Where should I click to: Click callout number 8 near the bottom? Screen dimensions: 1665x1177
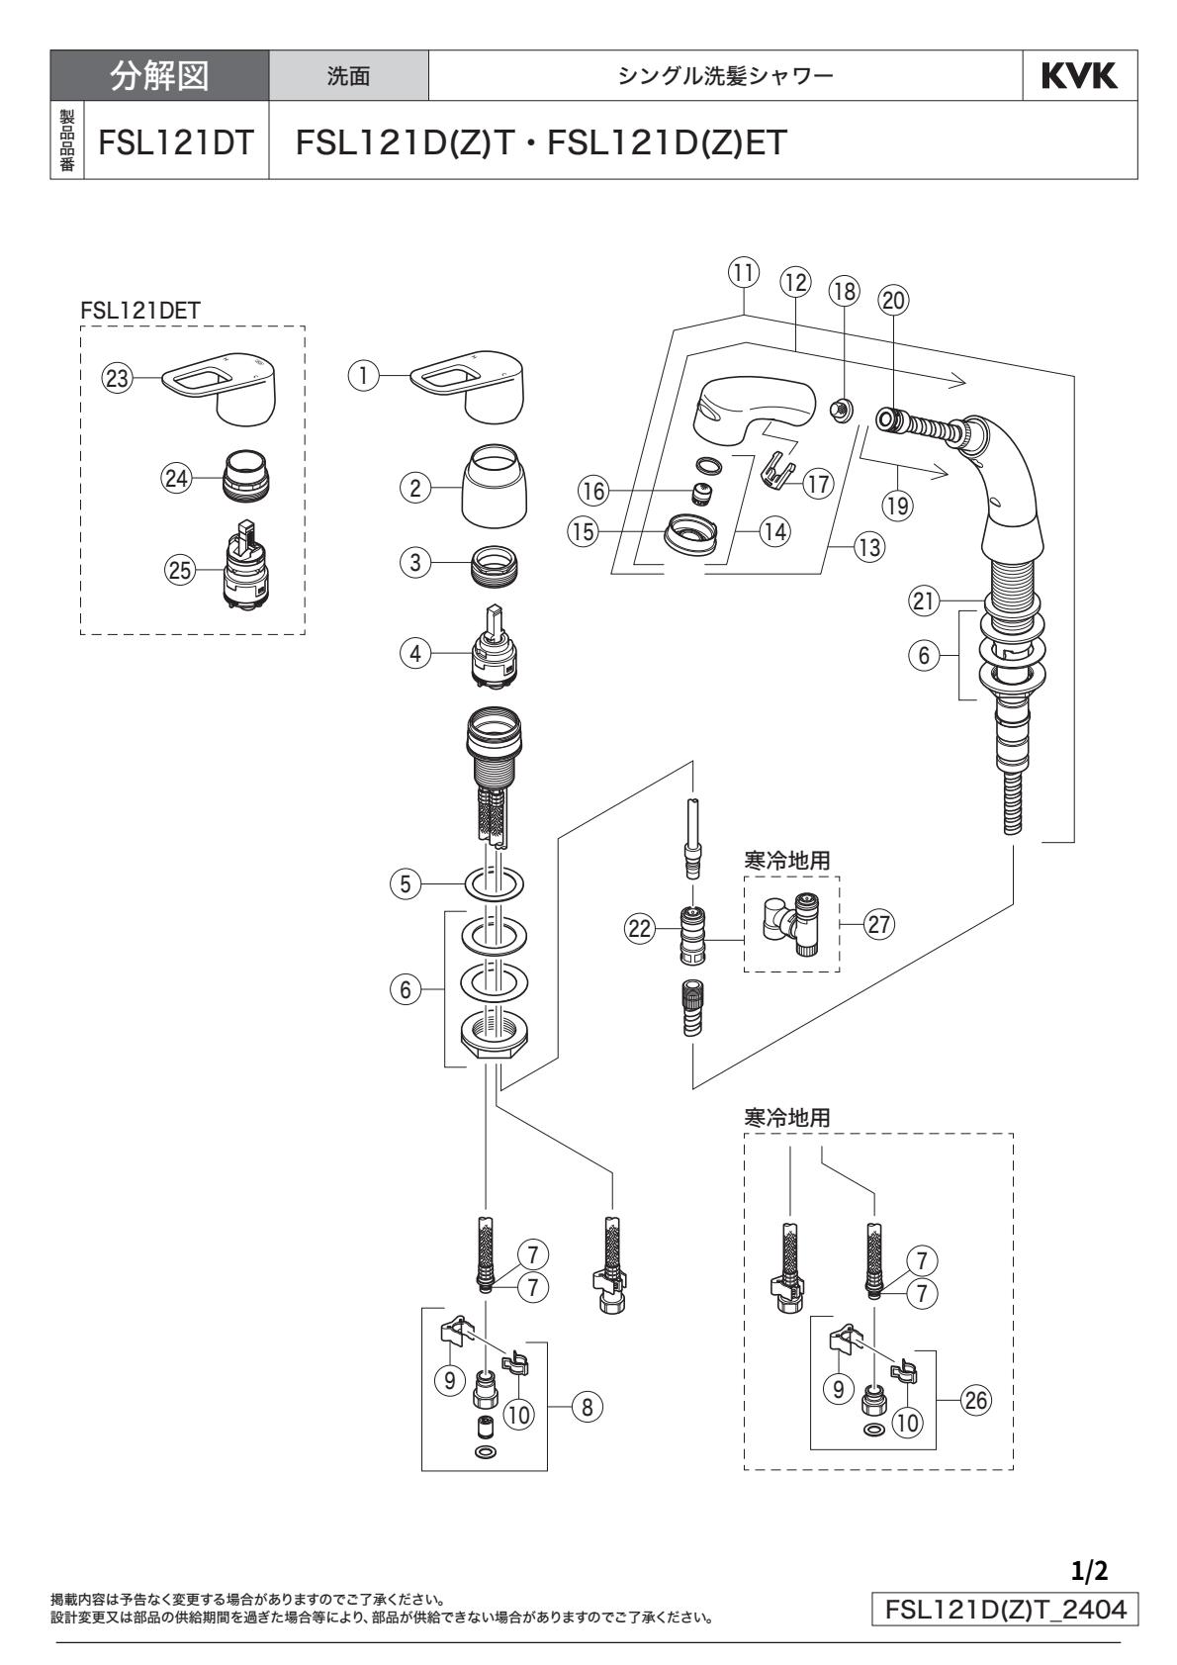pyautogui.click(x=588, y=1407)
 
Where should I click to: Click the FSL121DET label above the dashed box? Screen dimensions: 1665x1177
pyautogui.click(x=141, y=309)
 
